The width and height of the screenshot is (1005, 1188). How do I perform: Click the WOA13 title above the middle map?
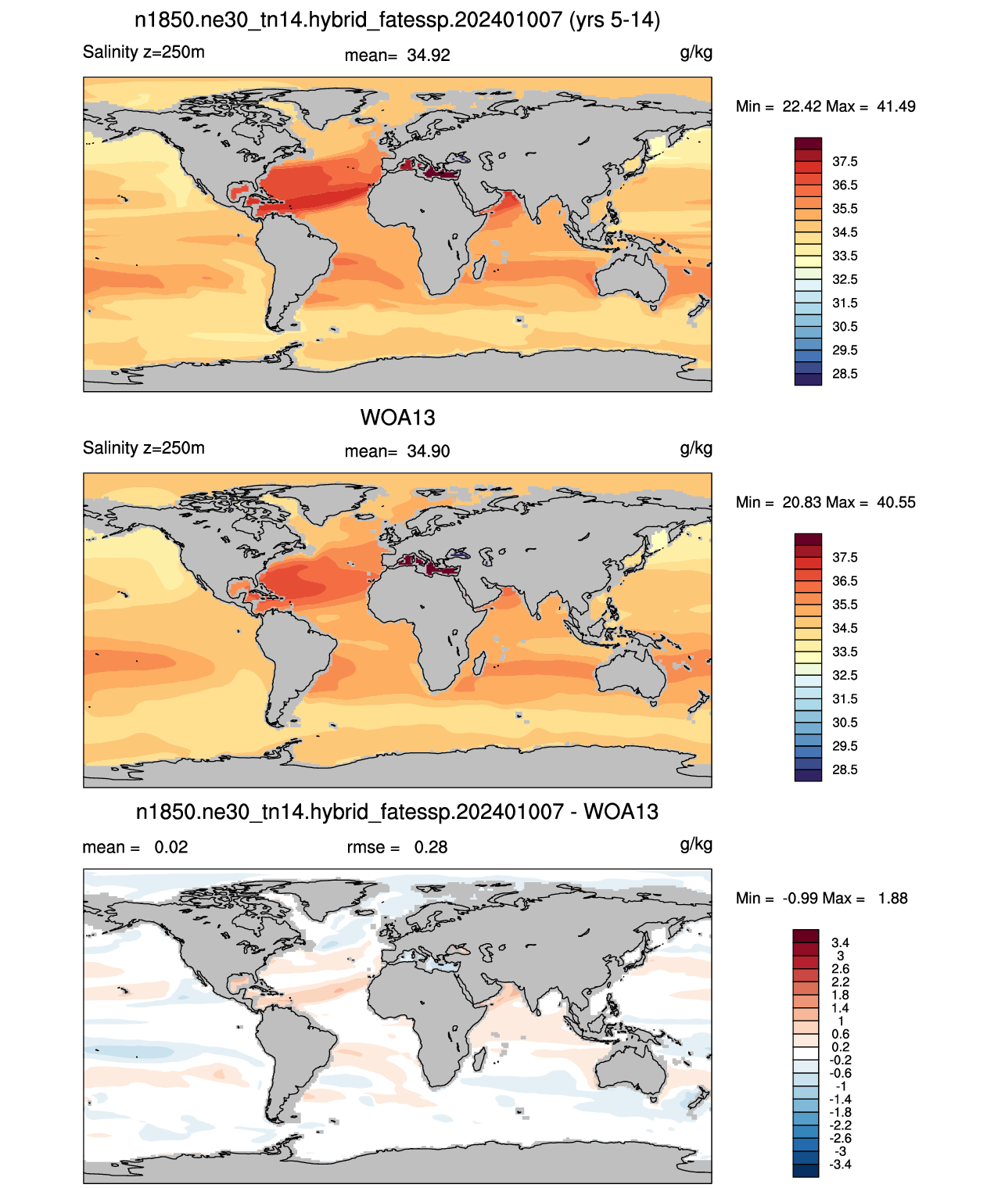coord(397,418)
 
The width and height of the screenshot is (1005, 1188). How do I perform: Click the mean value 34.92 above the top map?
coord(428,56)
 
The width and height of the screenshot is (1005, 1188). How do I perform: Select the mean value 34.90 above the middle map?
coord(428,451)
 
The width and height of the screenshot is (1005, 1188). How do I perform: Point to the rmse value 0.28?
coord(430,847)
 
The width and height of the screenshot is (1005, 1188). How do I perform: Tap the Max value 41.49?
coord(896,106)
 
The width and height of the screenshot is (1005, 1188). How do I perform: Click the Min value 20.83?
coord(802,502)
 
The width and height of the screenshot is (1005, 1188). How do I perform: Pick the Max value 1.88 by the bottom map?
coord(892,899)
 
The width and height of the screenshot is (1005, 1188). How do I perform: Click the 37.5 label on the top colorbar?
coord(845,162)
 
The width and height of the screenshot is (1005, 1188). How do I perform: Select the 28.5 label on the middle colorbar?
coord(845,770)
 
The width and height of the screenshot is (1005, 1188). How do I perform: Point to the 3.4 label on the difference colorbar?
coord(840,942)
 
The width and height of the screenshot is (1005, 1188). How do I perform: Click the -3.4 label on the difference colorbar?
coord(839,1165)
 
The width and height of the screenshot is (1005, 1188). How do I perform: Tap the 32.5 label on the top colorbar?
coord(845,279)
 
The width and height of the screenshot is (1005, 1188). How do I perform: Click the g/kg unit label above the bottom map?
coord(696,845)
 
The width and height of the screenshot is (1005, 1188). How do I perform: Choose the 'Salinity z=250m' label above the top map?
coord(144,52)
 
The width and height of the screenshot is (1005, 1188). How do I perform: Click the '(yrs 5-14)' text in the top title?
coord(614,20)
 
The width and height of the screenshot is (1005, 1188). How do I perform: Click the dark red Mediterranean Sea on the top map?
coord(431,170)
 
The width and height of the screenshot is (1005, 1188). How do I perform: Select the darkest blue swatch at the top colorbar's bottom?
coord(808,379)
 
